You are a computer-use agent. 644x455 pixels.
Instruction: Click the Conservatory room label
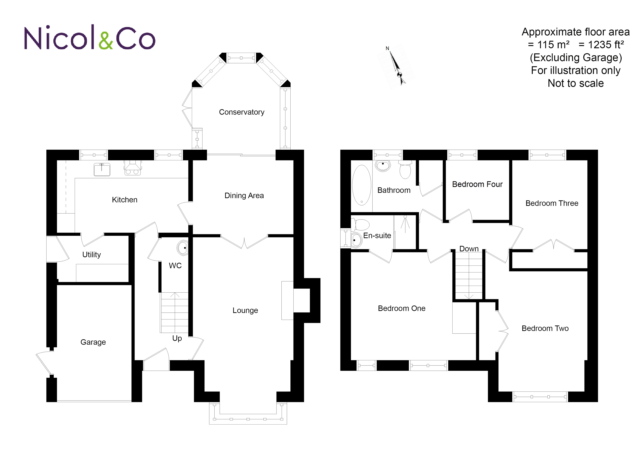click(242, 112)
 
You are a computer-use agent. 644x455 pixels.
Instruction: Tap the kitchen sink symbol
click(102, 170)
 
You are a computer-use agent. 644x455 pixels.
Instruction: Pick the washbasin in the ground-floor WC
click(183, 248)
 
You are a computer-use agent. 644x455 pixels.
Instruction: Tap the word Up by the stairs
click(177, 338)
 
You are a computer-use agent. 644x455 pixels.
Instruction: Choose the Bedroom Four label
click(477, 184)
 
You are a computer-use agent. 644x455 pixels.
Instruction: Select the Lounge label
click(245, 310)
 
